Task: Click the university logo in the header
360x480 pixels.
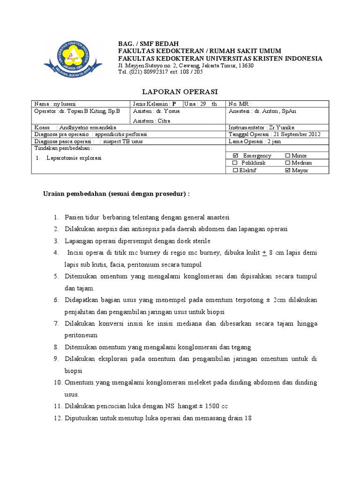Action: coord(73,58)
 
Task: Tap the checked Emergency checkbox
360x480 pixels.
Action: coord(236,155)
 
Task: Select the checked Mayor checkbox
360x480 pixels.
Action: coord(287,171)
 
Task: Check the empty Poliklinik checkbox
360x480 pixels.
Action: coord(235,163)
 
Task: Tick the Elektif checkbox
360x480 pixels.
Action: coord(235,171)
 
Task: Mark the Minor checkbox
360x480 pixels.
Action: coord(287,155)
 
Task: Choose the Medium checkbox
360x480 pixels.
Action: coord(287,163)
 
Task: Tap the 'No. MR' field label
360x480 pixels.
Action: coord(240,104)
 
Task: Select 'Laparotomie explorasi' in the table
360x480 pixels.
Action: coord(74,158)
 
